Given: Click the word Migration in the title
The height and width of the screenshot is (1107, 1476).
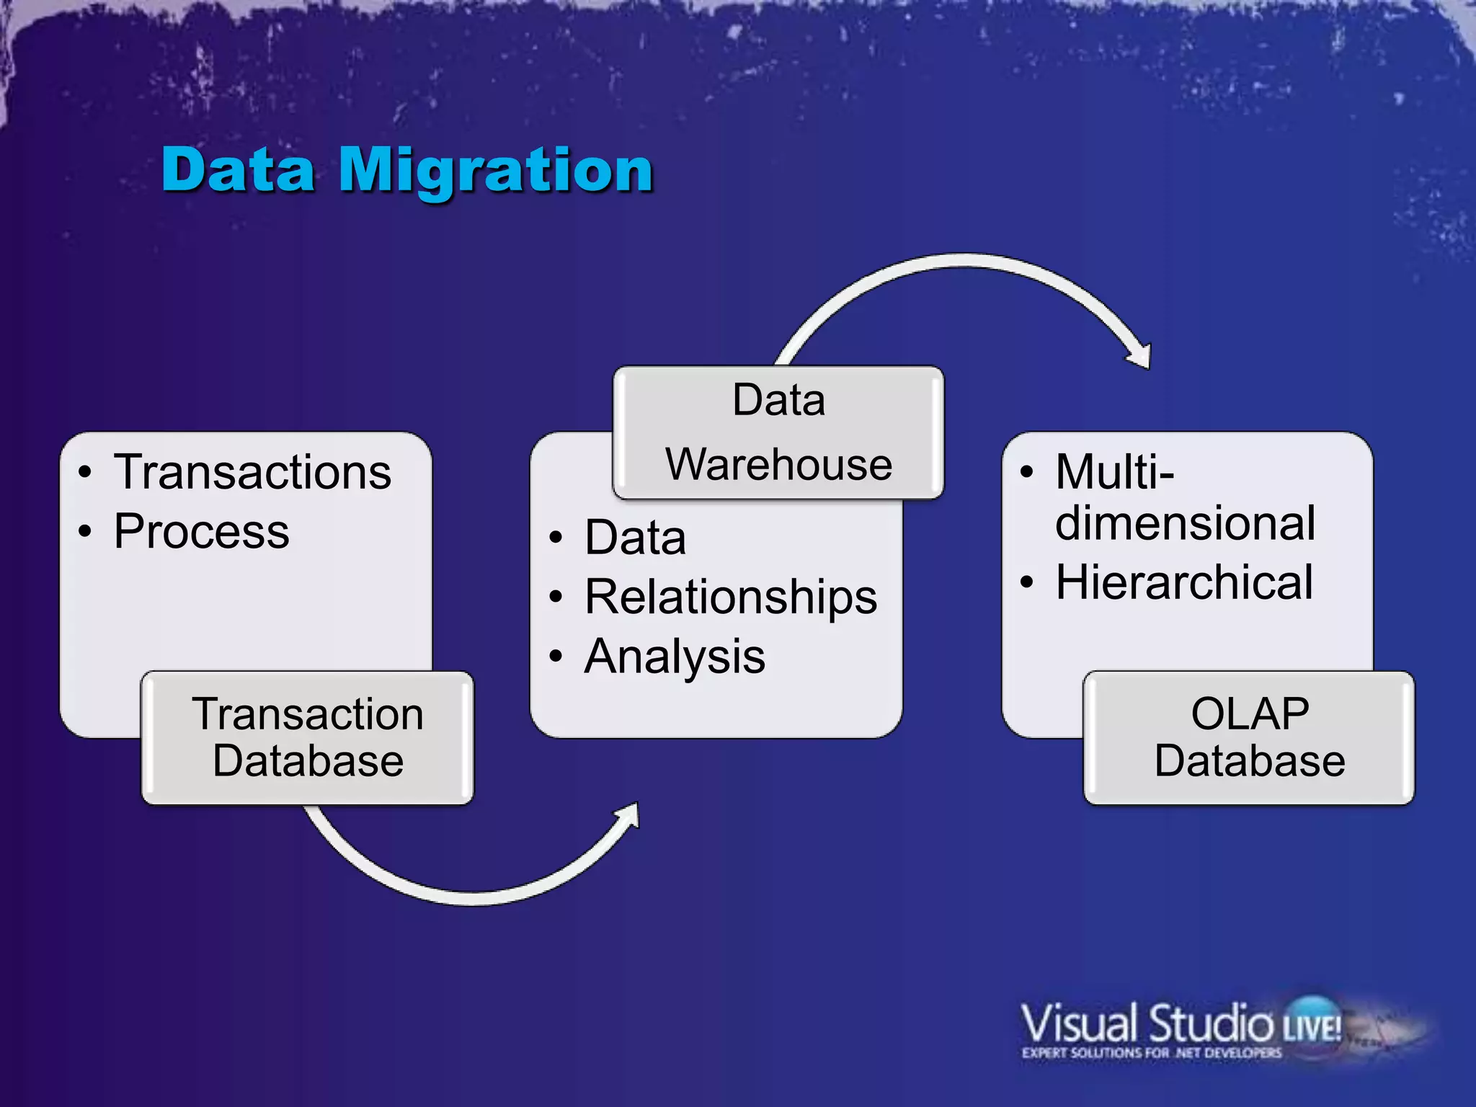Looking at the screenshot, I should point(496,170).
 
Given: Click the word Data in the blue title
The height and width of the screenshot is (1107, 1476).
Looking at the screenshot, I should point(238,170).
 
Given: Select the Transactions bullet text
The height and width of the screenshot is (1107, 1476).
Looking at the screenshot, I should point(252,473).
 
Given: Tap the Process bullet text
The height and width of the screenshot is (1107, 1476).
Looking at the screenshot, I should point(202,532).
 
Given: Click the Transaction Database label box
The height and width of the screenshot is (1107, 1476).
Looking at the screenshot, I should point(308,738).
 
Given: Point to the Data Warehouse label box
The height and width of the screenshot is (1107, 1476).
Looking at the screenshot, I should point(778,432).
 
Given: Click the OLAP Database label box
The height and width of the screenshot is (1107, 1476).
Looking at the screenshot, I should point(1249,738).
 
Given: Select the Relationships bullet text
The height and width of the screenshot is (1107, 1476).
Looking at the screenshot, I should point(731,597).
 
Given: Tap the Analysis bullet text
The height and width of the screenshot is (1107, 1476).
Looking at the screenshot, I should point(675,657).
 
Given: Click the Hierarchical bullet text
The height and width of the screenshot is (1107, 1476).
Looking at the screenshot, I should point(1184,582).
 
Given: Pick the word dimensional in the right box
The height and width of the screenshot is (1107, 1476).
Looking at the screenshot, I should point(1185,523).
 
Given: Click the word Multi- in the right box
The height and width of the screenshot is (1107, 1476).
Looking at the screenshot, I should point(1114,473).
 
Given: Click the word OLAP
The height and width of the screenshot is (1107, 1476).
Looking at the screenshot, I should point(1250,714).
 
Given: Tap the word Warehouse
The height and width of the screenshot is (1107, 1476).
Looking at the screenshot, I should point(778,464).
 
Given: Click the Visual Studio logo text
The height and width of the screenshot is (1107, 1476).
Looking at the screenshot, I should point(1146,1023).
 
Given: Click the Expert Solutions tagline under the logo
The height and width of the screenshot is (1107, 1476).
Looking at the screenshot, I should point(1151,1053).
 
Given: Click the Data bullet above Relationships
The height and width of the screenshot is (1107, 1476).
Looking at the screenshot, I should point(635,538).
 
